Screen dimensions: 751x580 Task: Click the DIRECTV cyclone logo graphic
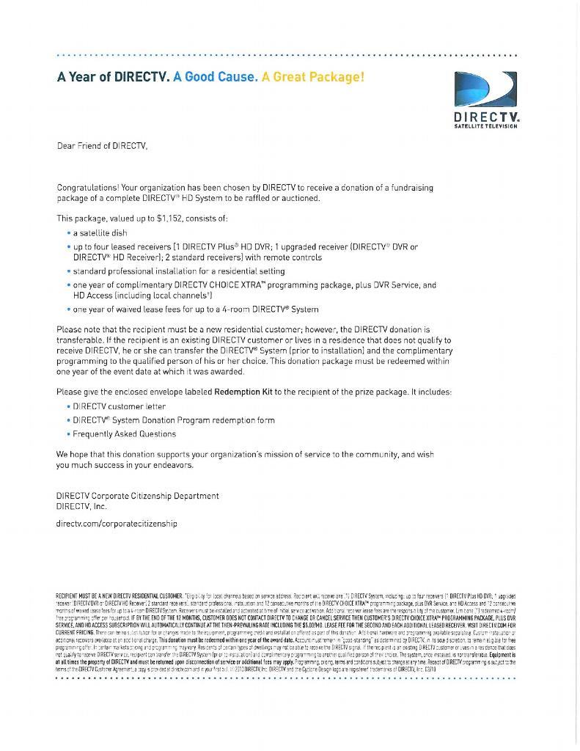click(x=485, y=91)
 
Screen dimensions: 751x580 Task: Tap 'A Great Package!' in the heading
click(x=312, y=77)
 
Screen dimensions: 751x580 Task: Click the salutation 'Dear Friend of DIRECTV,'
click(x=103, y=145)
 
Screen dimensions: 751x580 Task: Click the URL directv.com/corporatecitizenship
click(x=117, y=524)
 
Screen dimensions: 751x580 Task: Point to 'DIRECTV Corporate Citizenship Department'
click(x=138, y=496)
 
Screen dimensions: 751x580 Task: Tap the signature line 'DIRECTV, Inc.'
click(x=82, y=506)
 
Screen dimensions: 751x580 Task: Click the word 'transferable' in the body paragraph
click(x=84, y=340)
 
